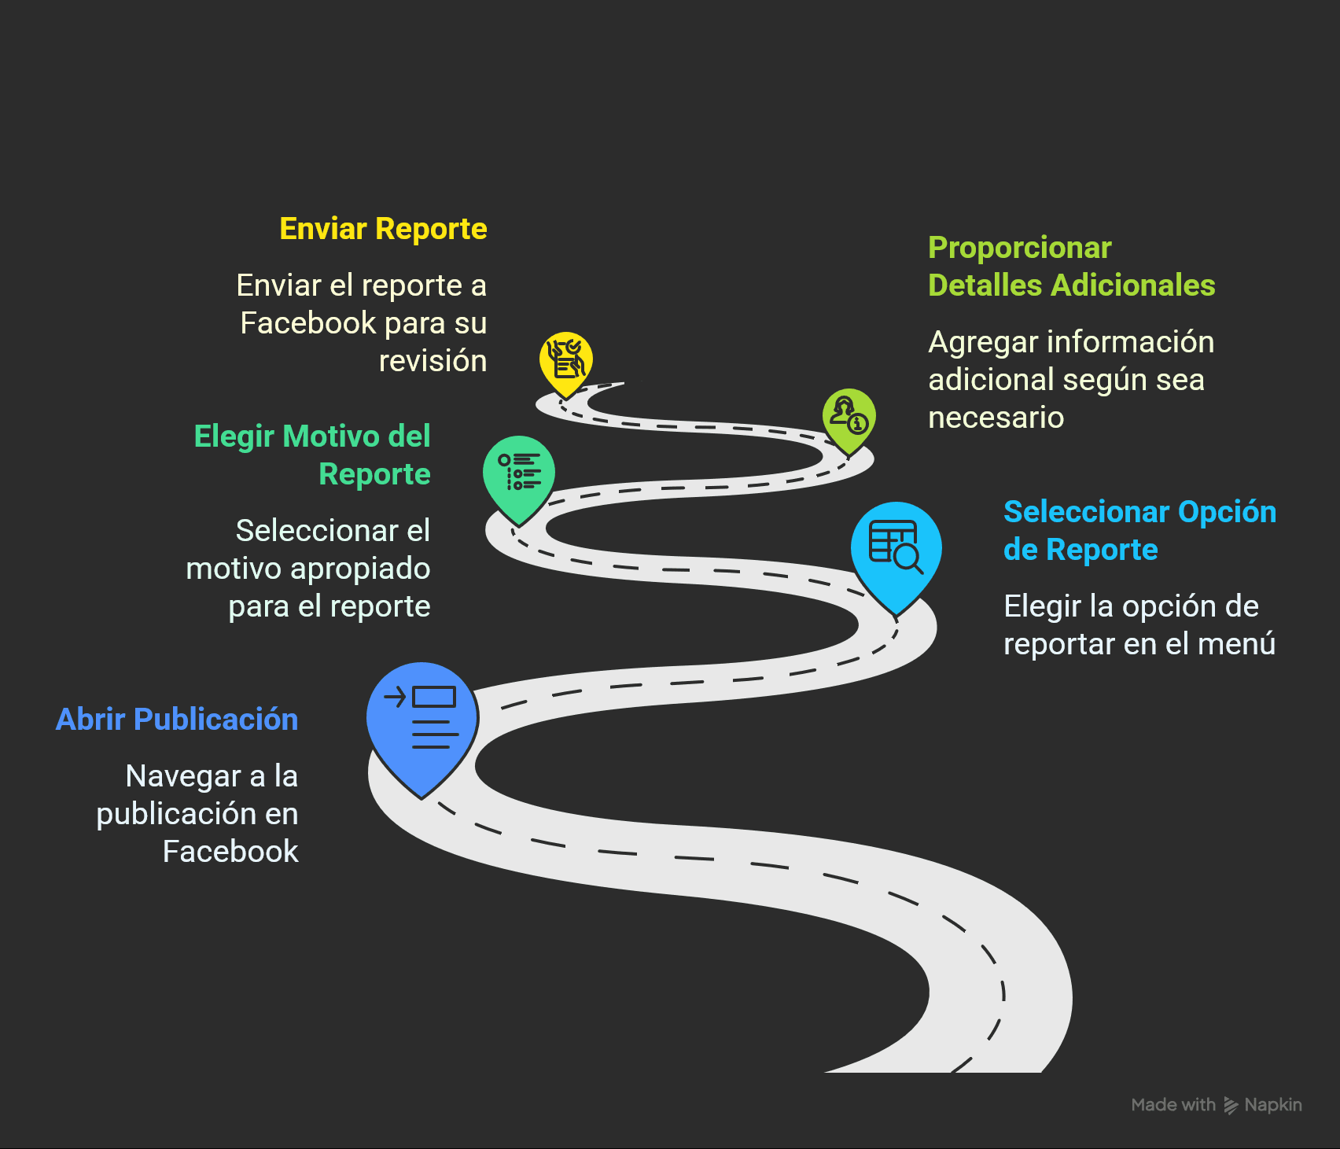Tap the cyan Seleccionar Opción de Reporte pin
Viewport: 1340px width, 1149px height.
click(x=896, y=551)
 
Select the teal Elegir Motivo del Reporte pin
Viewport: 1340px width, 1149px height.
click(x=519, y=473)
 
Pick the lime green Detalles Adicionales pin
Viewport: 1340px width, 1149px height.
click(x=849, y=417)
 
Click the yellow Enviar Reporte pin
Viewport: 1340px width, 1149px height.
click(x=565, y=361)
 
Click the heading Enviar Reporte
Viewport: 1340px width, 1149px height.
click(x=383, y=229)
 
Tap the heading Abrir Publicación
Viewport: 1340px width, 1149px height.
click(x=177, y=720)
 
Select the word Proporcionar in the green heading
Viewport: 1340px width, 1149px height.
click(x=1019, y=248)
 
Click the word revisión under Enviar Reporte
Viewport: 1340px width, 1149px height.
click(x=433, y=361)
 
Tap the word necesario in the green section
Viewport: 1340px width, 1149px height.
click(x=996, y=418)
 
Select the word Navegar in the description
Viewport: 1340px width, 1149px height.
click(x=182, y=776)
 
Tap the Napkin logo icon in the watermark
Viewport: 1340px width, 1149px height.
click(x=1230, y=1106)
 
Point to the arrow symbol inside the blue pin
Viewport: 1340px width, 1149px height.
click(x=395, y=697)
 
